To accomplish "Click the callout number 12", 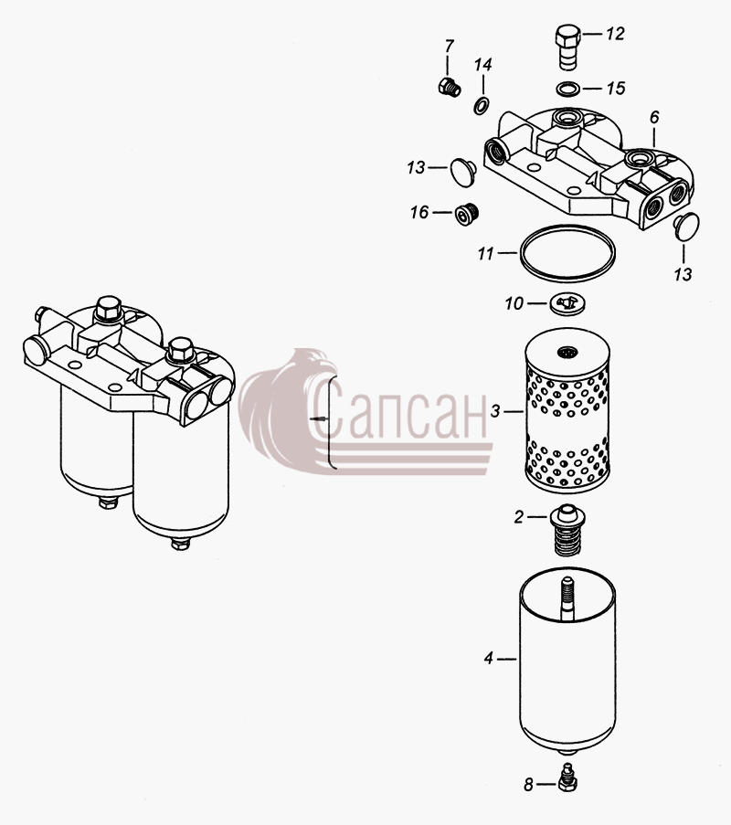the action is click(x=615, y=34).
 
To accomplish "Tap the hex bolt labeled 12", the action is click(x=567, y=48).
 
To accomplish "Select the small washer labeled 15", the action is click(x=567, y=89).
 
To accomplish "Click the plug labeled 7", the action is click(x=449, y=87).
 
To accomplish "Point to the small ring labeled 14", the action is click(x=481, y=106).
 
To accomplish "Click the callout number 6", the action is click(x=654, y=117).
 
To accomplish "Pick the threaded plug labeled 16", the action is click(x=466, y=213).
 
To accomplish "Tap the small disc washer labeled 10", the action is click(x=567, y=304).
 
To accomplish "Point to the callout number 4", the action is click(x=489, y=658).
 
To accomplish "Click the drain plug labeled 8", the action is click(x=567, y=777).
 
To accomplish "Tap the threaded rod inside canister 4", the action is click(x=567, y=598).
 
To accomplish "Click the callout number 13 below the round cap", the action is click(x=683, y=275).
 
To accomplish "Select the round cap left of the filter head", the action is click(x=463, y=171).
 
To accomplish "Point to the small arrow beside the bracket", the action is click(x=319, y=419).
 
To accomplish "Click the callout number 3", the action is click(x=495, y=411).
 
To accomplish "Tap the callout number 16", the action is click(x=420, y=213).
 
